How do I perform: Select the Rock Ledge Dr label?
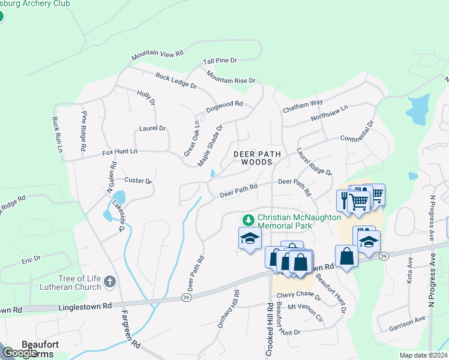coord(176,81)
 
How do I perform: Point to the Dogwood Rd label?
coord(224,106)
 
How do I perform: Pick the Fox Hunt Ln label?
coord(119,152)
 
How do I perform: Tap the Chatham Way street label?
coord(303,105)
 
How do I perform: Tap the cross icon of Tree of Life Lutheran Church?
coord(109,281)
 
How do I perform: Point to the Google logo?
coord(20,353)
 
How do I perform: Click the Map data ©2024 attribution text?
coord(423,355)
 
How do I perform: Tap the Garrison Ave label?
coord(407,325)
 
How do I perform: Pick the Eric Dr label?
coord(31,259)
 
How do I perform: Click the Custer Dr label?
coord(138,180)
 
